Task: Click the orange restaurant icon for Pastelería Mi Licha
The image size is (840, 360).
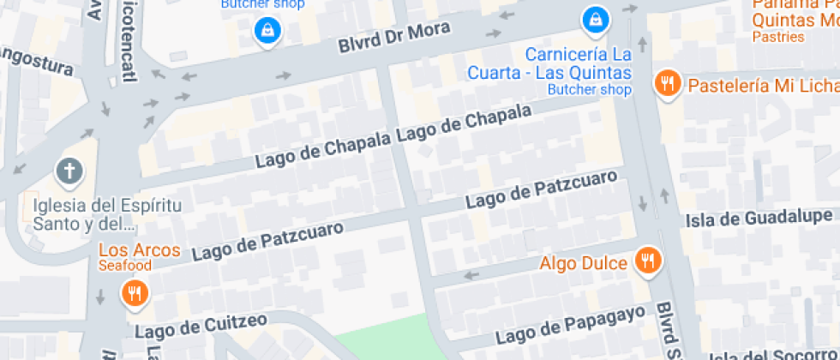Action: [667, 84]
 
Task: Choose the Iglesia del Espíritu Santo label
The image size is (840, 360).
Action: [84, 215]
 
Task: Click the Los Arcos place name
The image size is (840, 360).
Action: [140, 250]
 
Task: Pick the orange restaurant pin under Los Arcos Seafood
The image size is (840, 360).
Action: [134, 294]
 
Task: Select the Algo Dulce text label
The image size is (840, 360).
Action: [584, 263]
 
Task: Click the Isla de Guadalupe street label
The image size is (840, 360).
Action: [759, 218]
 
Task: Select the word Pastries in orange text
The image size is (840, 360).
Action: [778, 37]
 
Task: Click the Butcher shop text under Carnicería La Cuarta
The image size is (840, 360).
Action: [589, 89]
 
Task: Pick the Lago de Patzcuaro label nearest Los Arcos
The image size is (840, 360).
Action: [267, 241]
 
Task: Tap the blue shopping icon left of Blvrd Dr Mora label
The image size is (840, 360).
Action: [268, 31]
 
